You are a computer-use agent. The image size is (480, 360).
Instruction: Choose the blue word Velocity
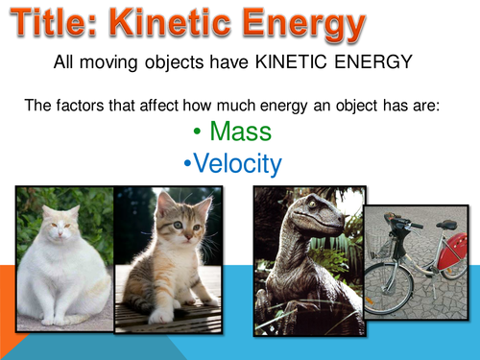tap(237, 164)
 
